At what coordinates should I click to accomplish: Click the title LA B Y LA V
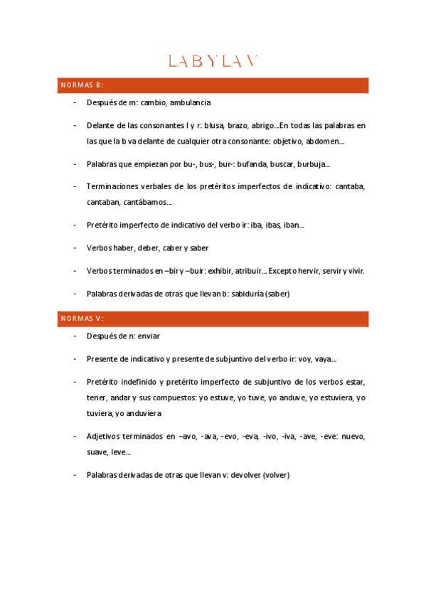213,62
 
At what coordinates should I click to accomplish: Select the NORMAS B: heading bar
213,85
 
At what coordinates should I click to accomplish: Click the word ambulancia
191,103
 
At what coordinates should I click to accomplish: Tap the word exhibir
211,271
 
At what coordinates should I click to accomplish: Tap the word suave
97,452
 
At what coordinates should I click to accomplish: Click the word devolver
242,474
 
